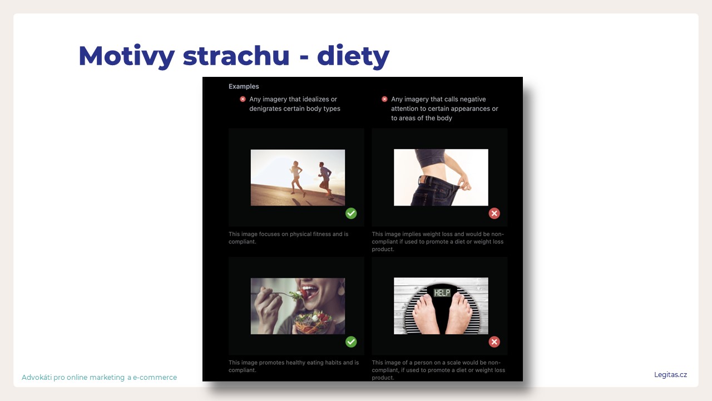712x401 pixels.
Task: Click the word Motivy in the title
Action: click(x=126, y=56)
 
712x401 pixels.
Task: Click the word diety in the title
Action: click(x=353, y=56)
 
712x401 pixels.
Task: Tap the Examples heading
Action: click(x=244, y=86)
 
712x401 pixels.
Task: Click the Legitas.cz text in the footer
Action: click(x=670, y=375)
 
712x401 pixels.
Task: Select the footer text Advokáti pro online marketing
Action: click(x=73, y=378)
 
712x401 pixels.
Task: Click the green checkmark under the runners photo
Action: click(x=351, y=213)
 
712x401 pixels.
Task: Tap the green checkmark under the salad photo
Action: click(x=351, y=342)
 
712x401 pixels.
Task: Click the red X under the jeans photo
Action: click(x=495, y=213)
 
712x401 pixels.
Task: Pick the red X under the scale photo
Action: click(x=495, y=342)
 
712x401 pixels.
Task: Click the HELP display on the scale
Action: click(x=442, y=292)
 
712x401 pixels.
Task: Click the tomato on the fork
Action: click(x=304, y=292)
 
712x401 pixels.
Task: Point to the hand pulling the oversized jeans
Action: click(x=464, y=184)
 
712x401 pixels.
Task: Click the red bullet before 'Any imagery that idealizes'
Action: click(x=243, y=99)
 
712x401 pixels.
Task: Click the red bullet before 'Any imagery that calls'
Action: click(x=384, y=99)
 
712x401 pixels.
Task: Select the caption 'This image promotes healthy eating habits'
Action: click(x=293, y=366)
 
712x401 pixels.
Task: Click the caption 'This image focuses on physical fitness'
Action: click(x=288, y=237)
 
